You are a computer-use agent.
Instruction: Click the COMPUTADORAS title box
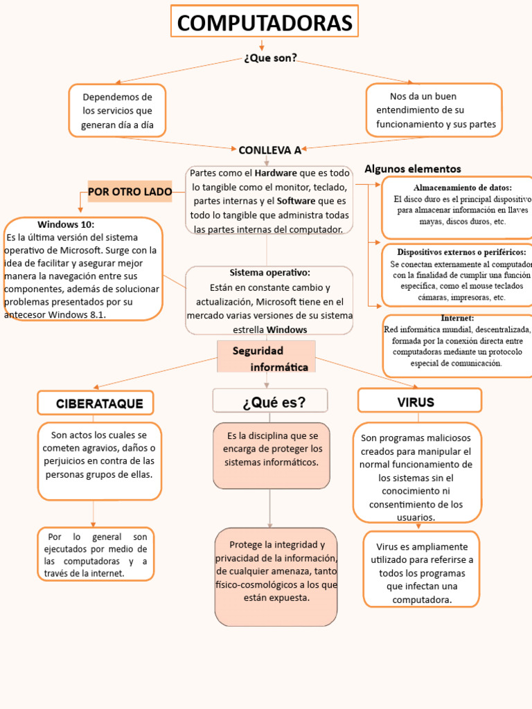click(x=264, y=23)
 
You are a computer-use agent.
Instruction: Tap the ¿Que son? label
click(x=270, y=58)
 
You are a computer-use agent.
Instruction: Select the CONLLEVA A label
click(x=269, y=150)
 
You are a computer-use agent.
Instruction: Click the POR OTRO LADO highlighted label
click(x=130, y=192)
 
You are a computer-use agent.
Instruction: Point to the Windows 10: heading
click(x=66, y=224)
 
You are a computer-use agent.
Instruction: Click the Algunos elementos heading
click(x=412, y=169)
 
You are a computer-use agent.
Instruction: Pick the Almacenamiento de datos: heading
click(x=463, y=188)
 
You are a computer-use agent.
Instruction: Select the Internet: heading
click(x=457, y=318)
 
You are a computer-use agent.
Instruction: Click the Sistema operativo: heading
click(x=269, y=273)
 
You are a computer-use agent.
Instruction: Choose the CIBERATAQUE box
click(x=96, y=403)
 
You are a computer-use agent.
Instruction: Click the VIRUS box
click(x=419, y=402)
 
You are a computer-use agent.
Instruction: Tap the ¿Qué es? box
click(x=270, y=401)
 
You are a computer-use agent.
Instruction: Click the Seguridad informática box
click(x=267, y=358)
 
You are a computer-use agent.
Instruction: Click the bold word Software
click(x=296, y=201)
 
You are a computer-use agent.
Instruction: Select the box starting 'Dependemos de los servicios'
click(x=117, y=111)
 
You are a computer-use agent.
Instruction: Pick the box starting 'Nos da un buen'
click(x=434, y=110)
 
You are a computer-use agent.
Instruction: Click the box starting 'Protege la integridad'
click(x=276, y=576)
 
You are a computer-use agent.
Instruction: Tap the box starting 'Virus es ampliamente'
click(x=422, y=568)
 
